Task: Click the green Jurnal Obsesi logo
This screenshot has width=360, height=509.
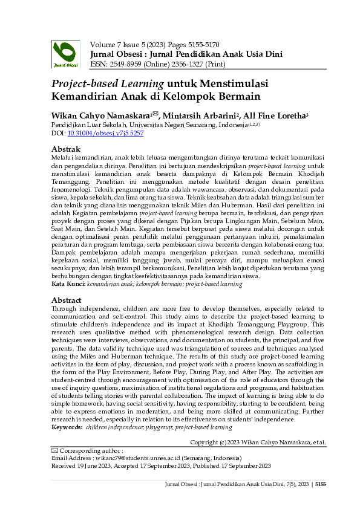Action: pos(64,54)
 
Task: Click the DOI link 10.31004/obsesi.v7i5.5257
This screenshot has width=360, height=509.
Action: pos(105,133)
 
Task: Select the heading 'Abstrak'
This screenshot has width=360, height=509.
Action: pos(66,149)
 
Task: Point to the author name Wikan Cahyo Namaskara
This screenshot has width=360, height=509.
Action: pos(100,114)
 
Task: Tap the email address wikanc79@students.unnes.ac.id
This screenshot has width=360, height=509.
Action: pos(131,458)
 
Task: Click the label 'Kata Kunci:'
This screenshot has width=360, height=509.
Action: pos(67,284)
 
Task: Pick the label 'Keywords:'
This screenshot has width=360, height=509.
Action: pos(67,427)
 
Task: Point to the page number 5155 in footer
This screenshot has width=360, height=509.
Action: pos(321,484)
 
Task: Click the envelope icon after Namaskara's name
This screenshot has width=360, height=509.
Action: pos(155,112)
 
